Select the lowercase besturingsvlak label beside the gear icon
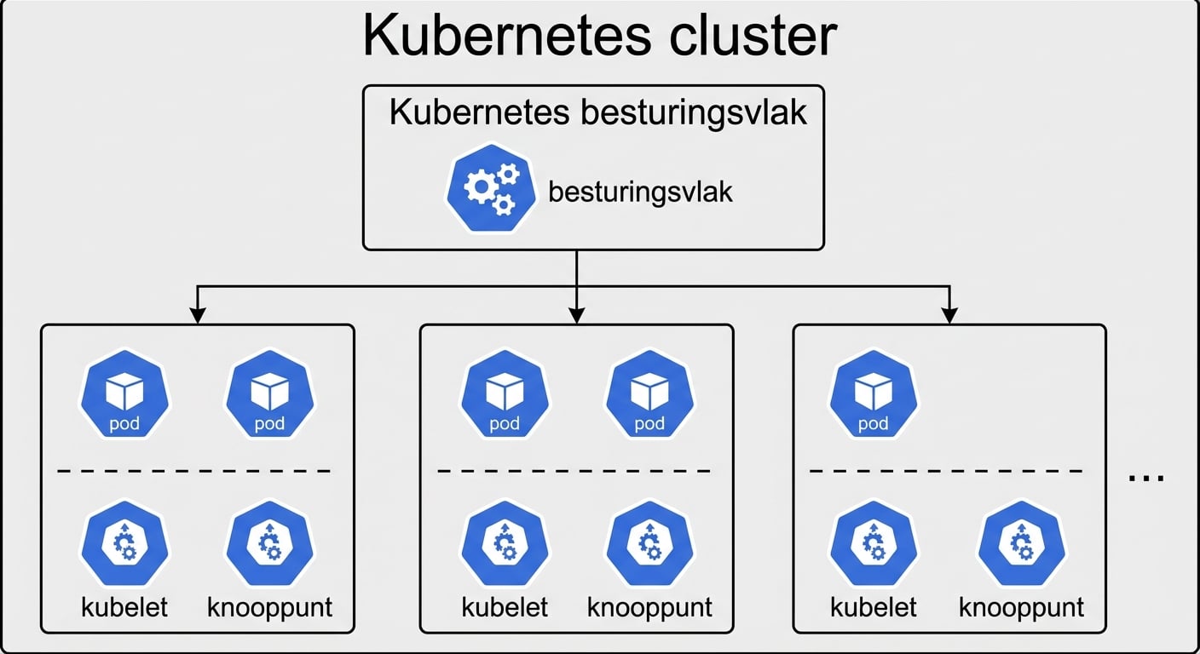(x=640, y=192)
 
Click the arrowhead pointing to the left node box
(x=198, y=316)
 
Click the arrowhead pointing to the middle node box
(x=577, y=316)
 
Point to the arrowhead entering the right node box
(x=949, y=316)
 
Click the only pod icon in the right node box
(x=873, y=394)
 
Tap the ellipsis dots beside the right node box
(x=1145, y=478)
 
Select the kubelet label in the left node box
(x=124, y=607)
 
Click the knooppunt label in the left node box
(x=269, y=607)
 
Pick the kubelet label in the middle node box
(x=505, y=607)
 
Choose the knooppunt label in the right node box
(x=1021, y=607)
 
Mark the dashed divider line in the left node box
(x=194, y=470)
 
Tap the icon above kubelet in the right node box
(x=873, y=545)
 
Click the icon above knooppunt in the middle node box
(x=649, y=545)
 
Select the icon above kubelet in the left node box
(x=124, y=545)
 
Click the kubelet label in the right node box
(x=873, y=607)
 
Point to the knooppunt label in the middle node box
(x=649, y=607)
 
